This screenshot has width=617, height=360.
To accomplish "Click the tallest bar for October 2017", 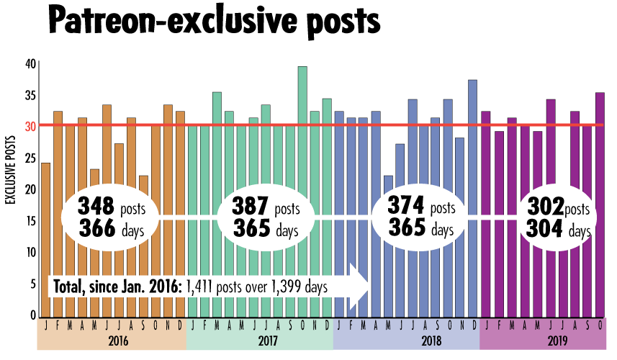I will point(302,144).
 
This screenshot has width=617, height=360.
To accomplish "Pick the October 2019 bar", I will point(600,144).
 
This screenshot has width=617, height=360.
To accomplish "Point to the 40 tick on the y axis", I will point(30,63).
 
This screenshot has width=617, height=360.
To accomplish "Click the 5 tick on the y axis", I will point(32,284).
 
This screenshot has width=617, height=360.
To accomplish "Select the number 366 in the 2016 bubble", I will point(96,229).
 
